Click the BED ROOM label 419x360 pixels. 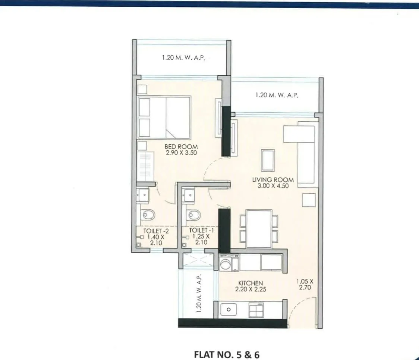tap(181, 147)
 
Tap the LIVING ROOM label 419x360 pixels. tap(273, 179)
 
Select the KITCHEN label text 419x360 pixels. tap(251, 283)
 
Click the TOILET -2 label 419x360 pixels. tap(153, 231)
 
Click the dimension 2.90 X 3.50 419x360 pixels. tap(181, 153)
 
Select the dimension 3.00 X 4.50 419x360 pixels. tap(273, 185)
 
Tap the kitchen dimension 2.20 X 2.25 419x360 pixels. tap(251, 289)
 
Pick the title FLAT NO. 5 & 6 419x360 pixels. tap(227, 354)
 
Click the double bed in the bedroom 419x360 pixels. tap(164, 117)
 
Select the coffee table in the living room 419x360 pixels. tap(268, 160)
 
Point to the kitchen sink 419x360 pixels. tap(229, 309)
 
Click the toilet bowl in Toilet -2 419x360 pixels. tap(148, 215)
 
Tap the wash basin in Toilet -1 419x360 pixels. tap(189, 195)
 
